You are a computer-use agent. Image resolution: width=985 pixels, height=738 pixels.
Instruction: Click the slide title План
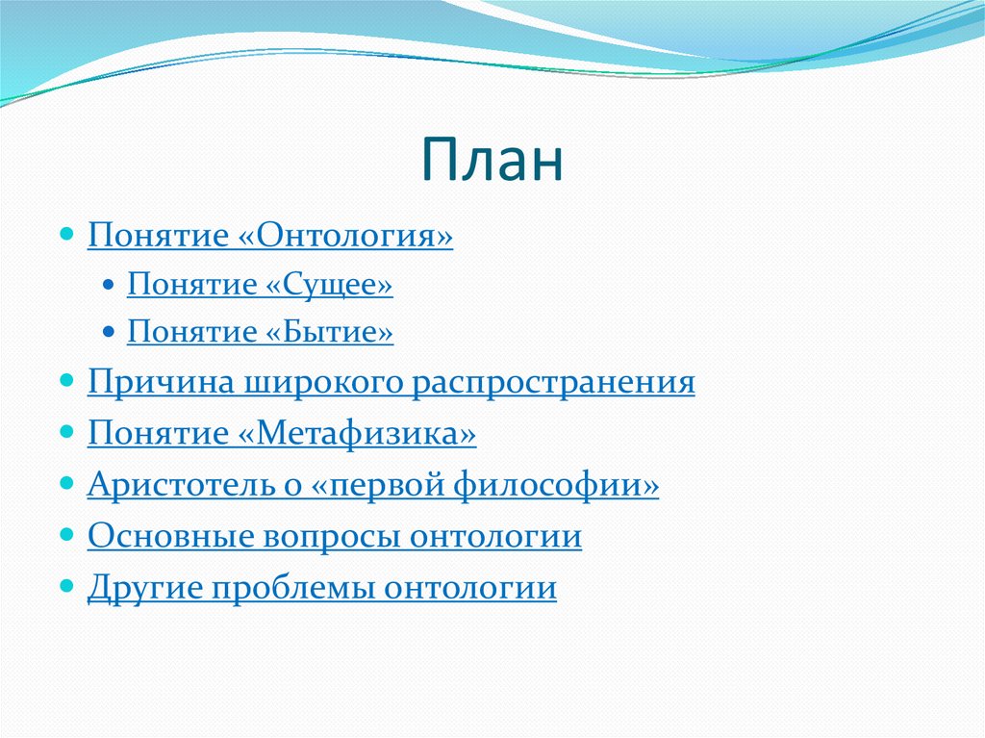pyautogui.click(x=492, y=160)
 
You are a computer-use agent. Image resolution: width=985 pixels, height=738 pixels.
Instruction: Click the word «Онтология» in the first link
pyautogui.click(x=345, y=236)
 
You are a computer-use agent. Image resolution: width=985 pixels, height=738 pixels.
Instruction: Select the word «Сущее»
pyautogui.click(x=329, y=286)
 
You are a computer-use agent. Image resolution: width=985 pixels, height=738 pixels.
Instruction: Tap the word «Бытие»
pyautogui.click(x=330, y=332)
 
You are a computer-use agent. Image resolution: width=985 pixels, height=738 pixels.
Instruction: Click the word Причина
pyautogui.click(x=161, y=382)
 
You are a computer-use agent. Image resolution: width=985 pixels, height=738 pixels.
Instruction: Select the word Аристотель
pyautogui.click(x=182, y=485)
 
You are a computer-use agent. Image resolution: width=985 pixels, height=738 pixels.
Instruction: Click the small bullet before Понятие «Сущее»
pyautogui.click(x=108, y=285)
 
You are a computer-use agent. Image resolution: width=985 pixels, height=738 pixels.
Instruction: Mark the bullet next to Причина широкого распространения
pyautogui.click(x=66, y=381)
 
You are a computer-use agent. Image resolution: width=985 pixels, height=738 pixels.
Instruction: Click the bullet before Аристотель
pyautogui.click(x=66, y=483)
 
